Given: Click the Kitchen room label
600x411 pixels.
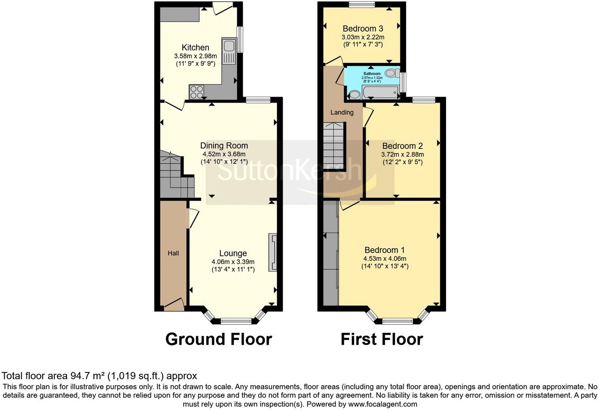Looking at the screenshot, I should (195, 48).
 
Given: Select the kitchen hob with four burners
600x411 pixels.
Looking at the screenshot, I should (197, 92).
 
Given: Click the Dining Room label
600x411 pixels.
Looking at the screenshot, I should (224, 146).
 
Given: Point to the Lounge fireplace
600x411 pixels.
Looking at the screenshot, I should (273, 252).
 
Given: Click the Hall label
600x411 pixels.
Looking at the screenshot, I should (173, 253).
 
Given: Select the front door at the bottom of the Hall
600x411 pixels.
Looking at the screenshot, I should (174, 305).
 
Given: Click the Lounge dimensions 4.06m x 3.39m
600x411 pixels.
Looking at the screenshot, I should (233, 262).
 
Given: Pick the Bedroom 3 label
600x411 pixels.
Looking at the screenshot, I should (362, 28).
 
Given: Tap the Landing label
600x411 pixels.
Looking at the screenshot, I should (341, 113).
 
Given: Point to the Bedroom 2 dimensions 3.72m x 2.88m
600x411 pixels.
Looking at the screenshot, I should (402, 155).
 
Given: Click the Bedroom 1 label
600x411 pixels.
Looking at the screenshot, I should (384, 250).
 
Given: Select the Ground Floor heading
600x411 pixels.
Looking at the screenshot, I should (218, 340).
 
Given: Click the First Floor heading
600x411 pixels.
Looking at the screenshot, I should (382, 340).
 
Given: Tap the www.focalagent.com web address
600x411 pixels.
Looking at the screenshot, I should (382, 404).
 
